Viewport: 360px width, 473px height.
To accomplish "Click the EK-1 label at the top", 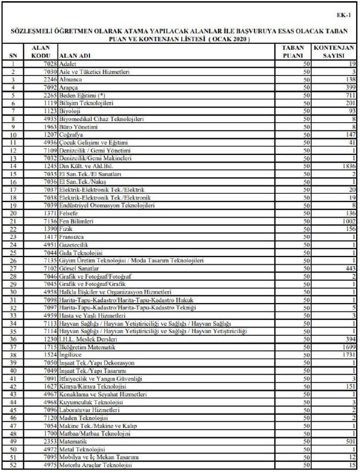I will tap(344, 16).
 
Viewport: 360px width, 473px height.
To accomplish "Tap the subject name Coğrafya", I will tap(71, 135).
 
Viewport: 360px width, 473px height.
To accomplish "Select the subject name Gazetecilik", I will tap(74, 245).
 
